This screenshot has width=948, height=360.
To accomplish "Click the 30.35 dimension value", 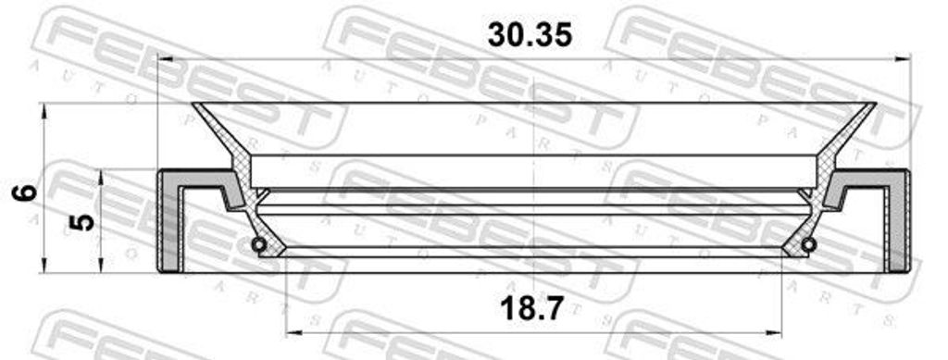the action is coord(530,35).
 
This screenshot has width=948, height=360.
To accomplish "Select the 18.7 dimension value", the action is coord(532,309).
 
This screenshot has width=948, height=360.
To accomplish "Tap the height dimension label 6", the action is coord(26,193).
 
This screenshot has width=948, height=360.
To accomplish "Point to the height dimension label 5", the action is coord(82,222).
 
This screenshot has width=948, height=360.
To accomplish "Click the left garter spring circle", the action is coord(259,244).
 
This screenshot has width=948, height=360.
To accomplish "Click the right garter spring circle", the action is coord(808,244).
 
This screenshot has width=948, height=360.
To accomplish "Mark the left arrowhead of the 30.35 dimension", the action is coord(166,59).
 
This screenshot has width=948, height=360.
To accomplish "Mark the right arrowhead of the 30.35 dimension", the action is coord(903,59).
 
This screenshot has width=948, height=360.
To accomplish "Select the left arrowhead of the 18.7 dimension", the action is coord(293,331).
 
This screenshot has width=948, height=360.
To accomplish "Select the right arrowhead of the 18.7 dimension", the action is coord(774,331).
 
